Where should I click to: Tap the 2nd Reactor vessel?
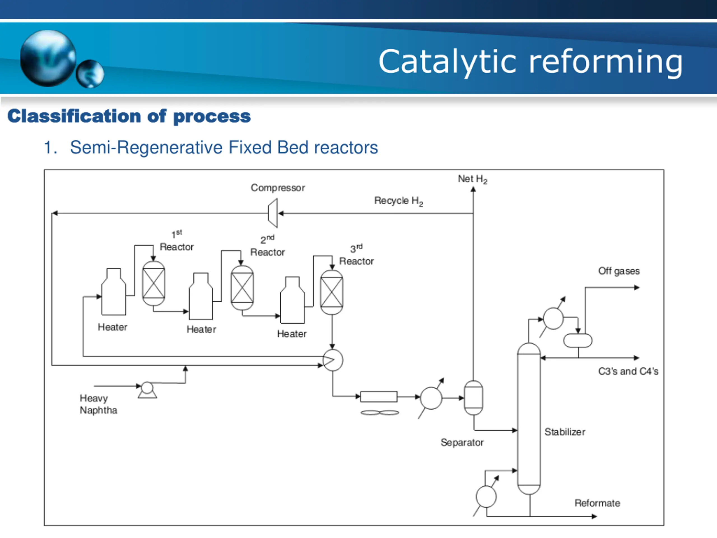coord(242,288)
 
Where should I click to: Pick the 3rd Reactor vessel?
coord(332,292)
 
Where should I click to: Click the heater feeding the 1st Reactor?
coord(114,291)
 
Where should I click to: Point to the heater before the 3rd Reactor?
coord(292,300)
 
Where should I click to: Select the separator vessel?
coord(474,398)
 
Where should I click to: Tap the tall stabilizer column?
coord(529,418)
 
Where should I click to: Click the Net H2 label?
coord(472,179)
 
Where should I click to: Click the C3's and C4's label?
coord(628,371)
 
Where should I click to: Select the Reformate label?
coord(597,503)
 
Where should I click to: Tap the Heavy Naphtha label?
coord(99,404)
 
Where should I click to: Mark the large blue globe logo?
coord(48,58)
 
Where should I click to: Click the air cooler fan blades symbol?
coord(380,412)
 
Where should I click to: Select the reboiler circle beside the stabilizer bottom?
coord(486,497)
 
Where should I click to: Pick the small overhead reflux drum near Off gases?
coord(578,340)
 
